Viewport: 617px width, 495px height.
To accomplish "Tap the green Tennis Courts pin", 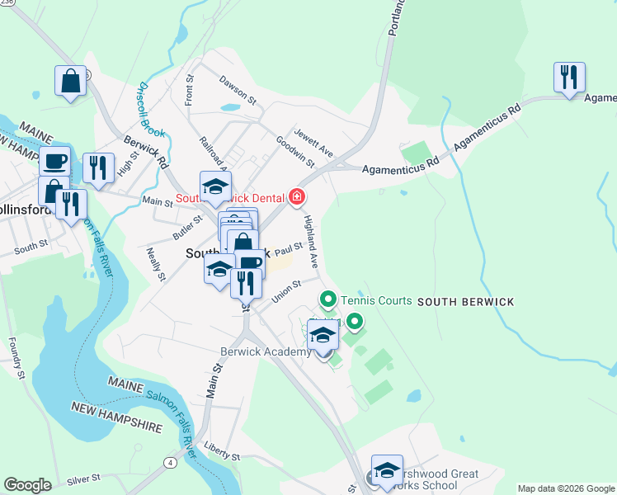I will [327, 299].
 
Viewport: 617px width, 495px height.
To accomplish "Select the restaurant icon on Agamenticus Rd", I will [569, 78].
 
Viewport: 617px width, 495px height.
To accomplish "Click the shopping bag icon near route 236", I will [71, 82].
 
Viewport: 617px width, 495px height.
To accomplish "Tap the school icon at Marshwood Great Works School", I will [387, 470].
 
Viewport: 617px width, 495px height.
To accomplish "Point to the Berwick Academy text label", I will [266, 351].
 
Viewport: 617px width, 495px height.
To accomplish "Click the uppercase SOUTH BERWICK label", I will [455, 302].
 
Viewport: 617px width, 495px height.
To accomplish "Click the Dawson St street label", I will [238, 90].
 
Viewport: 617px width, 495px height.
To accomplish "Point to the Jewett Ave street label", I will [315, 142].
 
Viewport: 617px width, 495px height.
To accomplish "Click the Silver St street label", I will [83, 478].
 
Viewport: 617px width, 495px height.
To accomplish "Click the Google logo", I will [28, 485].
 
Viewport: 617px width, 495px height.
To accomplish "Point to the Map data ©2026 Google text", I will [565, 488].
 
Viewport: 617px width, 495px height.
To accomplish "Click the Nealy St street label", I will [153, 263].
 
